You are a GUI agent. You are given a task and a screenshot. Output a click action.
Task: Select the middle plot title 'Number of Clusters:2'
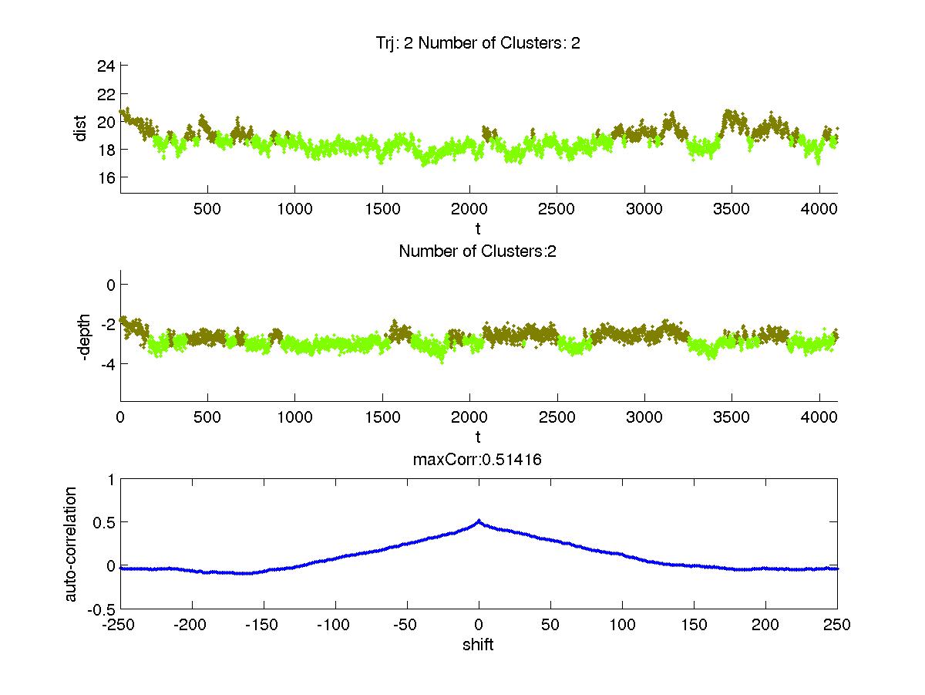[x=477, y=251]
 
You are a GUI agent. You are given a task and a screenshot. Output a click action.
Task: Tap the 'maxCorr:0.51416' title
[x=478, y=460]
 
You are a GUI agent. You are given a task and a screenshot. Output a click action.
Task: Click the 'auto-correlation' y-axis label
[x=70, y=544]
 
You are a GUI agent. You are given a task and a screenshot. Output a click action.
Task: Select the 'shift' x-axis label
[x=478, y=644]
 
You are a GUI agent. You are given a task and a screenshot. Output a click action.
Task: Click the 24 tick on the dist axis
[x=106, y=66]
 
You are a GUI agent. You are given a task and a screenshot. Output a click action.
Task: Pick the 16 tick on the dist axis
[x=106, y=177]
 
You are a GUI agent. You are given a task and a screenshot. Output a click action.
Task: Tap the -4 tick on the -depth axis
[x=106, y=363]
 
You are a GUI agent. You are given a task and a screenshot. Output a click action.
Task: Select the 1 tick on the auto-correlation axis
[x=111, y=479]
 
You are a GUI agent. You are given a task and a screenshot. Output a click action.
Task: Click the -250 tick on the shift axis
[x=120, y=625]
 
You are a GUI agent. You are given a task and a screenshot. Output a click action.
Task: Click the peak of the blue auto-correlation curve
[x=479, y=521]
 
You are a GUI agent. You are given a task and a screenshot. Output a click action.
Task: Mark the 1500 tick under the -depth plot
[x=382, y=417]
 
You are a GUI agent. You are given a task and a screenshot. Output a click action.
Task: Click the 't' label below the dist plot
[x=478, y=228]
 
